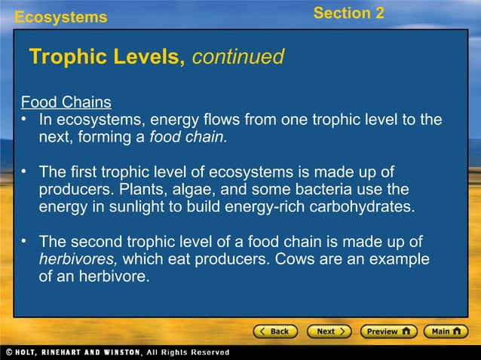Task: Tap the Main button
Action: pos(446,331)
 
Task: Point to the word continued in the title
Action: pos(238,57)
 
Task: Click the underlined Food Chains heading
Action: pos(66,102)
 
